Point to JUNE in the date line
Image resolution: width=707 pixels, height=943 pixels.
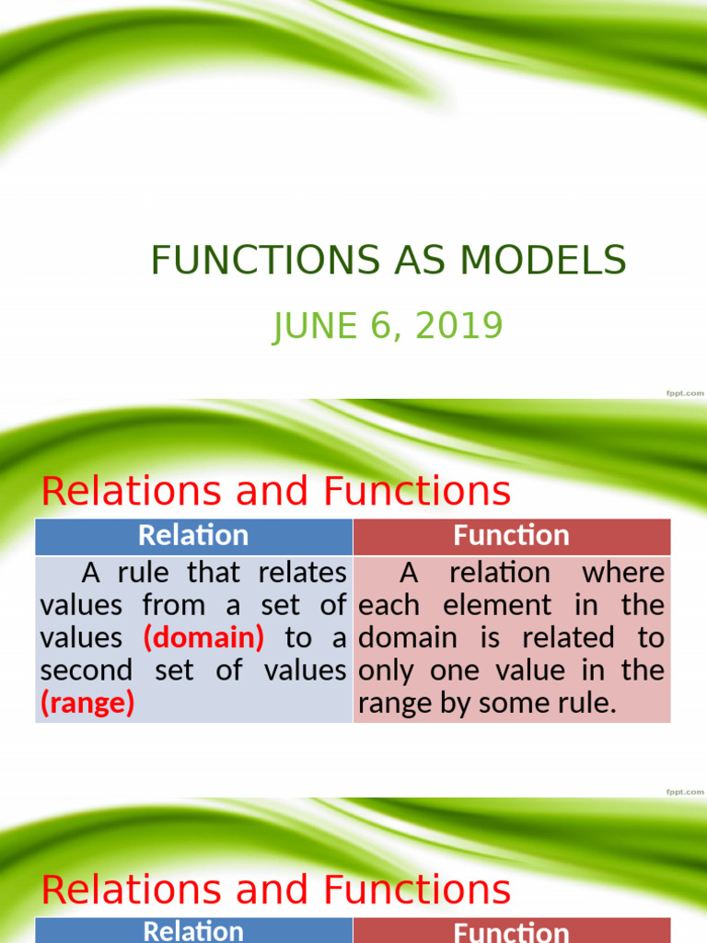point(314,327)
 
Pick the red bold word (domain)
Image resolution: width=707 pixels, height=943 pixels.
point(203,638)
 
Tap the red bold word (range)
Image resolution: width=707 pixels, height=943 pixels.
point(87,704)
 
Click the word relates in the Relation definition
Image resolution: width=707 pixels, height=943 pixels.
point(303,573)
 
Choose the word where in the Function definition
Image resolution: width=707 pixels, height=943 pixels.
point(623,573)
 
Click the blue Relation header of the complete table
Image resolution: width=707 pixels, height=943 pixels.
point(193,536)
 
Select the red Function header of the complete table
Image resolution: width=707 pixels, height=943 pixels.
point(512,536)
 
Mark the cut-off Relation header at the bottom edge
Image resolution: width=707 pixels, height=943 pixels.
point(193,931)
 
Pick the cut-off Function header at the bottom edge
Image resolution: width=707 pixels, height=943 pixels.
point(512,932)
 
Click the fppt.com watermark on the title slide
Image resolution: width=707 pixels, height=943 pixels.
point(684,393)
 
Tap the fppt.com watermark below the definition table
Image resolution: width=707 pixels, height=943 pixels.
point(684,792)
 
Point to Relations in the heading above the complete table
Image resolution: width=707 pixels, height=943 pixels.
point(129,492)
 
